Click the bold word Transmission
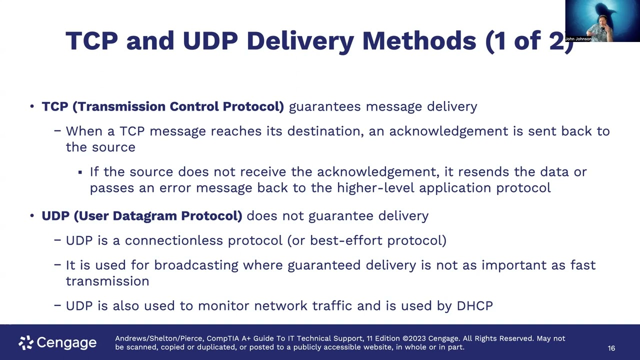coord(121,106)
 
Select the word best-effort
coord(346,240)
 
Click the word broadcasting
coord(196,265)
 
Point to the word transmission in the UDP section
coord(107,281)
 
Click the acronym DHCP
coord(475,306)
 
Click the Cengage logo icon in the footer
coord(26,342)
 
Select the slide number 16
coord(611,348)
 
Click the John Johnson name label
coord(578,39)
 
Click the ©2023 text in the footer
coord(414,338)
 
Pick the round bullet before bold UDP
coord(32,215)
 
